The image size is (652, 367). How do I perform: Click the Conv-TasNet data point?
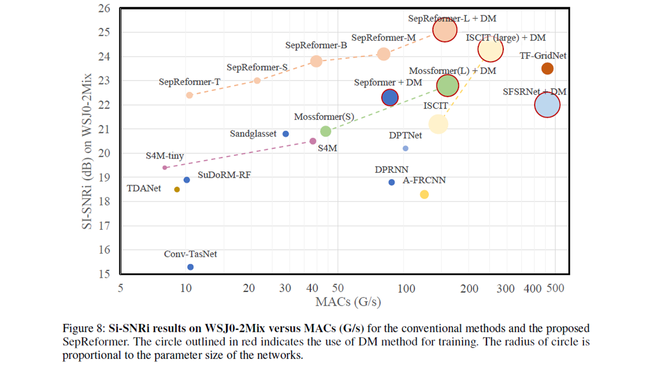[191, 267]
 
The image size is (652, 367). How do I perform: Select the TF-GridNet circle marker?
[548, 68]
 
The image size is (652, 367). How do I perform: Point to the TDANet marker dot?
[177, 190]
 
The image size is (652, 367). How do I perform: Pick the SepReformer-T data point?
[189, 95]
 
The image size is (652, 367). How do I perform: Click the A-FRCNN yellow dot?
[424, 194]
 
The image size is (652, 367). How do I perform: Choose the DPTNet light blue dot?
[405, 148]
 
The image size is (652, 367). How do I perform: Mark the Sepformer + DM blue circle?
[390, 97]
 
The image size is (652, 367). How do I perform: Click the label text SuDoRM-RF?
[224, 175]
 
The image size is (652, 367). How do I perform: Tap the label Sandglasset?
[253, 134]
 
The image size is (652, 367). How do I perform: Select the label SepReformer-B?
[316, 45]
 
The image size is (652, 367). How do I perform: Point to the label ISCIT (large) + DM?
[506, 38]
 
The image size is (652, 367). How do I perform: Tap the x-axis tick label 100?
[406, 289]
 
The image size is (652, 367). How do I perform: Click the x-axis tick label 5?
[120, 289]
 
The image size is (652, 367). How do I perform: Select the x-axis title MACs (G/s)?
[348, 302]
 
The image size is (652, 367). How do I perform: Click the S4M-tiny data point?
[165, 167]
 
